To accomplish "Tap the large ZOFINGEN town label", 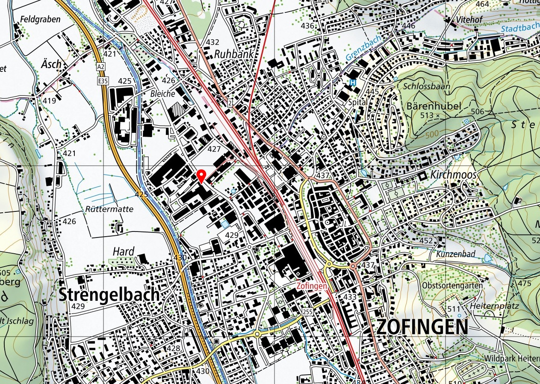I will coord(422,327).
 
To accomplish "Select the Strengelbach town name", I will coord(109,295).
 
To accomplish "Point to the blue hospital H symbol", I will coord(353,82).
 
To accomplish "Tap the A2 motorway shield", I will coord(100,67).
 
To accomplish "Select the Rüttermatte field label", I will coord(109,209).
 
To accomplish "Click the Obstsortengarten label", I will coord(452,285).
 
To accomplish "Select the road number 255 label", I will coord(307,312).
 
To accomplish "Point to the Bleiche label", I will coord(162,94).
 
